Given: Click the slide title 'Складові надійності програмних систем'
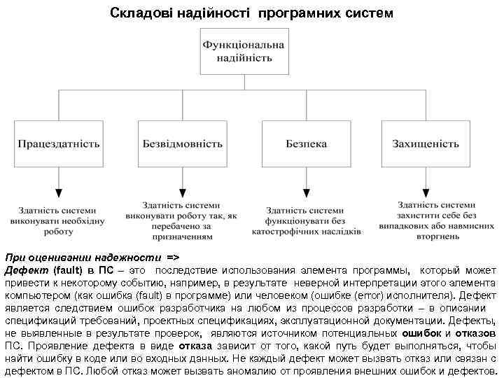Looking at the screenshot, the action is point(252,13).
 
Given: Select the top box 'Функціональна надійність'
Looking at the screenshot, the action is point(243,50).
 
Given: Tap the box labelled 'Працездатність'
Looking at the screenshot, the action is point(59,144).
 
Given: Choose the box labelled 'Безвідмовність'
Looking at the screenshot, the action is point(183,144).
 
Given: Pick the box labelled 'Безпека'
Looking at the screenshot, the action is point(306,144).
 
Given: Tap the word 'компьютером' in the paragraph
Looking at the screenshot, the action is point(34,295).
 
